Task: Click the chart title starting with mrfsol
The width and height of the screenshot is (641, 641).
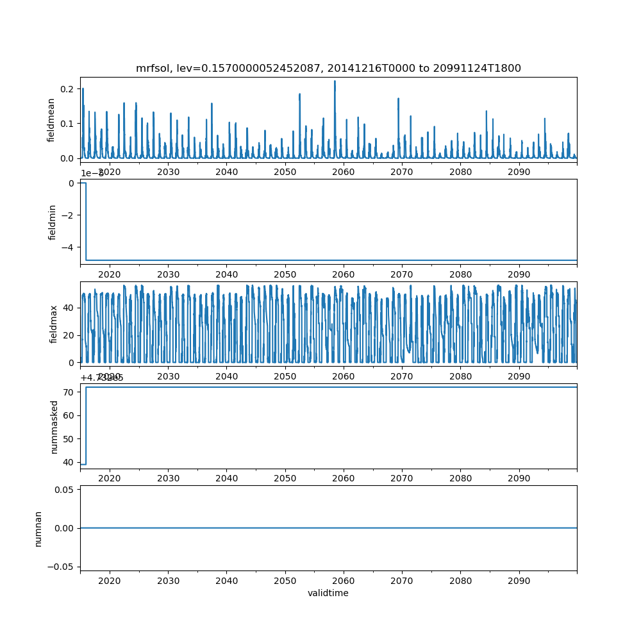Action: [x=328, y=68]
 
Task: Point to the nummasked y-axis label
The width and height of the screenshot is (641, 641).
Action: [x=54, y=426]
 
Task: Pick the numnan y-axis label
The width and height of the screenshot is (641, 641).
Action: [x=38, y=528]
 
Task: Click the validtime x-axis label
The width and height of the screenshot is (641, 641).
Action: [x=328, y=593]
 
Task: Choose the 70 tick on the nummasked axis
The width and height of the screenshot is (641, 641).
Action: [x=69, y=392]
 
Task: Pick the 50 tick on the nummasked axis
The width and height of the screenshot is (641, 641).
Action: [x=69, y=439]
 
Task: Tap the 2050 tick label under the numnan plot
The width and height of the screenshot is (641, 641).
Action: [x=285, y=580]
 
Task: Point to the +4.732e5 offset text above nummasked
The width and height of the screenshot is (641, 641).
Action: [x=102, y=378]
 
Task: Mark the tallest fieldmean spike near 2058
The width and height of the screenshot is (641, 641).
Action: [x=335, y=81]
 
